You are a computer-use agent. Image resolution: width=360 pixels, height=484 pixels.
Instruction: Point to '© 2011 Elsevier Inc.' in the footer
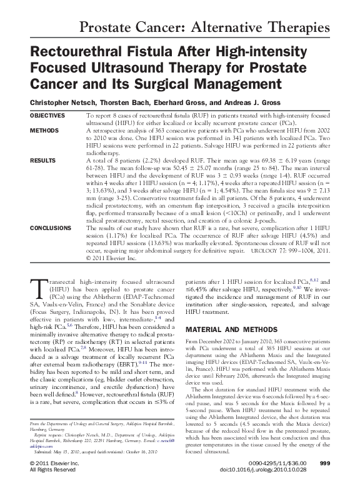click(55, 463)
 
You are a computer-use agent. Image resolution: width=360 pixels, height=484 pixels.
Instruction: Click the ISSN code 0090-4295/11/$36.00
click(279, 463)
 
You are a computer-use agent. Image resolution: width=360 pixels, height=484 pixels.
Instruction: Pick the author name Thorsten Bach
click(127, 102)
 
